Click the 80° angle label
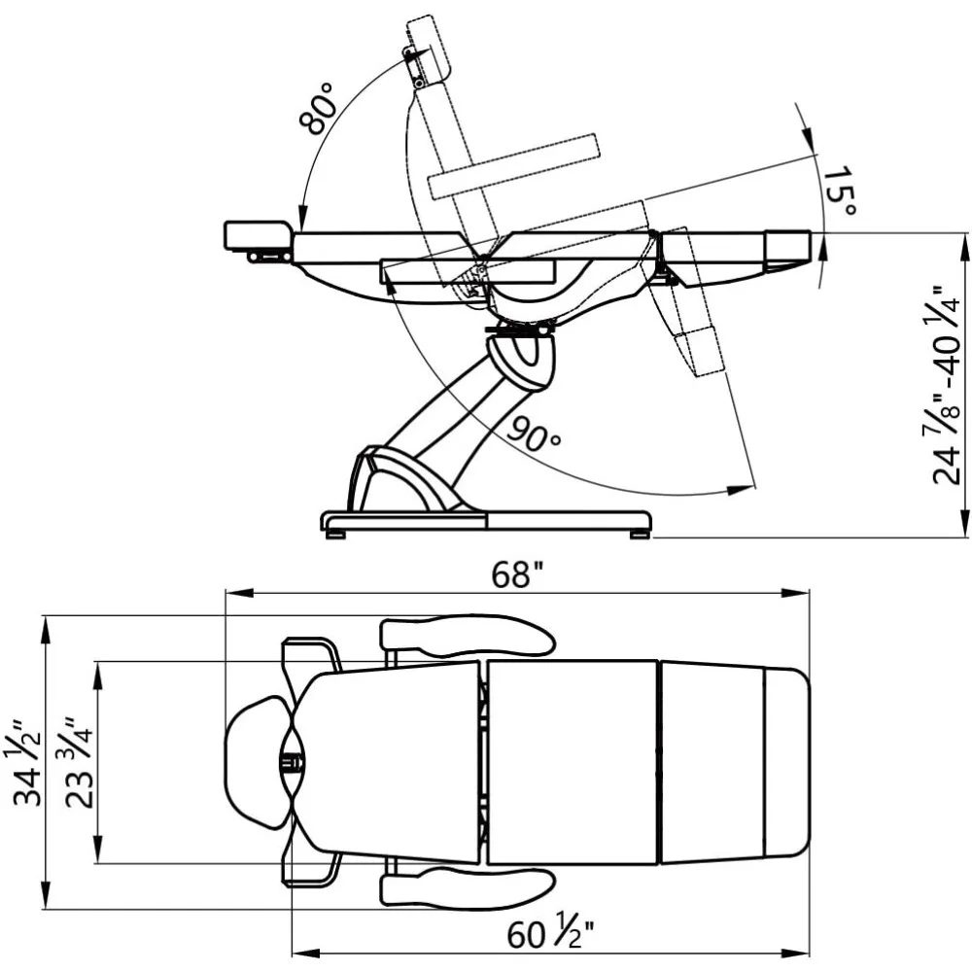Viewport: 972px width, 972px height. tap(318, 108)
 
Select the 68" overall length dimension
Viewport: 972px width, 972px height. tap(516, 575)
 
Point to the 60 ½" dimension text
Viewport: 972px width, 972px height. tap(549, 935)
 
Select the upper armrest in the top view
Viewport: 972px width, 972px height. tap(467, 636)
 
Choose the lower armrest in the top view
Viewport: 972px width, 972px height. tap(467, 886)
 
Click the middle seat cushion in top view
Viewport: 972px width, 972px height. tap(572, 762)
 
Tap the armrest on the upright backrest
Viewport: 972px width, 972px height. tap(514, 165)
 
